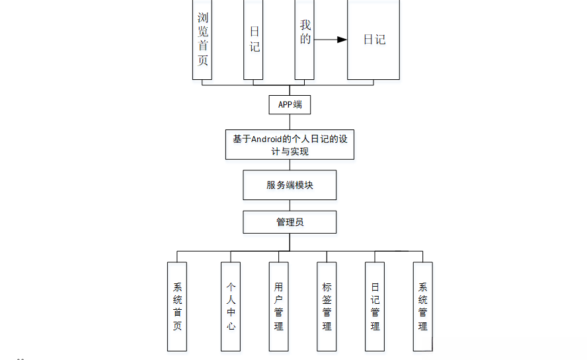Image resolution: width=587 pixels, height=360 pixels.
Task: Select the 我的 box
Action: point(304,40)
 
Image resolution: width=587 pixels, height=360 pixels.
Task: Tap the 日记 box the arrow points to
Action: point(373,40)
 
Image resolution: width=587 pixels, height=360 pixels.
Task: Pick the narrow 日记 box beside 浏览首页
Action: point(253,40)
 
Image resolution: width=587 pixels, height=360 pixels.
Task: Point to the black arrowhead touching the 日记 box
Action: point(342,40)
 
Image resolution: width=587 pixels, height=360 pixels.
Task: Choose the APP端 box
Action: point(290,104)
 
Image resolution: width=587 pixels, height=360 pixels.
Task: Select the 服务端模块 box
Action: point(290,185)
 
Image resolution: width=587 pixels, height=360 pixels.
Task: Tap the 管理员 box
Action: point(290,222)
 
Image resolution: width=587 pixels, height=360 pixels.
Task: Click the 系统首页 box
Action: point(177,306)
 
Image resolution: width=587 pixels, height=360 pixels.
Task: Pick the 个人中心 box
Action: point(231,306)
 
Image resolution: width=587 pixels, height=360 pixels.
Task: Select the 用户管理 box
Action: point(278,306)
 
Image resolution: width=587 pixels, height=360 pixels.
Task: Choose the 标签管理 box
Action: point(327,306)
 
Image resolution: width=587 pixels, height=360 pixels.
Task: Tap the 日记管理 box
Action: point(375,306)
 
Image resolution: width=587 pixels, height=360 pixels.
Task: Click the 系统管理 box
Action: point(422,306)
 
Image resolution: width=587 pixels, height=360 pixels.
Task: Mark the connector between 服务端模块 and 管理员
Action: point(290,205)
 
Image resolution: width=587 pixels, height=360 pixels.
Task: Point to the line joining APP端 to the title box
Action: point(290,122)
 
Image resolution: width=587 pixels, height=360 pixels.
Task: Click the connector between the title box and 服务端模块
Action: point(290,165)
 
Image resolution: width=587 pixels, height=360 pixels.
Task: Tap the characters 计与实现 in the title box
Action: point(290,151)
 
